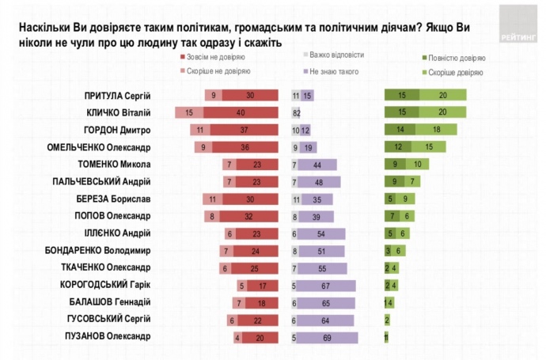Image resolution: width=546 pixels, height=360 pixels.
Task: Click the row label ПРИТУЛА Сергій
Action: [117, 96]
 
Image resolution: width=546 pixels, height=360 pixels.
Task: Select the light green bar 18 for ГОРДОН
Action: [435, 131]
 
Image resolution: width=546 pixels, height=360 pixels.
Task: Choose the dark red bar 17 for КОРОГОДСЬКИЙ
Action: [263, 285]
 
